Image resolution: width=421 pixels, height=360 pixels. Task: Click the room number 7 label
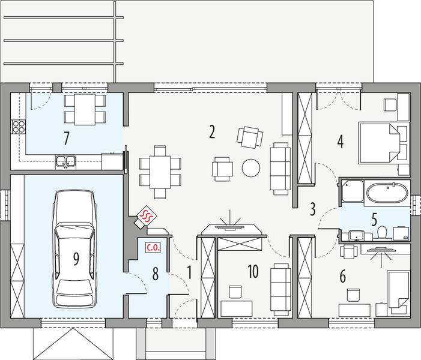pos(67,139)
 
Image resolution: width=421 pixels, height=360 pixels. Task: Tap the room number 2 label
pos(211,132)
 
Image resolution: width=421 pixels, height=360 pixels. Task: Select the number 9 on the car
pos(76,259)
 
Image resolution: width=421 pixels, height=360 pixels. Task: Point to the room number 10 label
pos(252,271)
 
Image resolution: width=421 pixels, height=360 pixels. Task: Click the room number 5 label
pos(374,218)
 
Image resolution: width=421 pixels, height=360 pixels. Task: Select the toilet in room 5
pos(382,232)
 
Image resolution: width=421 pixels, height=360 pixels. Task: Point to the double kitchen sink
pos(65,160)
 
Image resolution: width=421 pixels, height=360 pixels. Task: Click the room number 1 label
pos(189,271)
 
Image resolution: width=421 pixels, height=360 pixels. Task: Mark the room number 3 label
pos(313,209)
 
